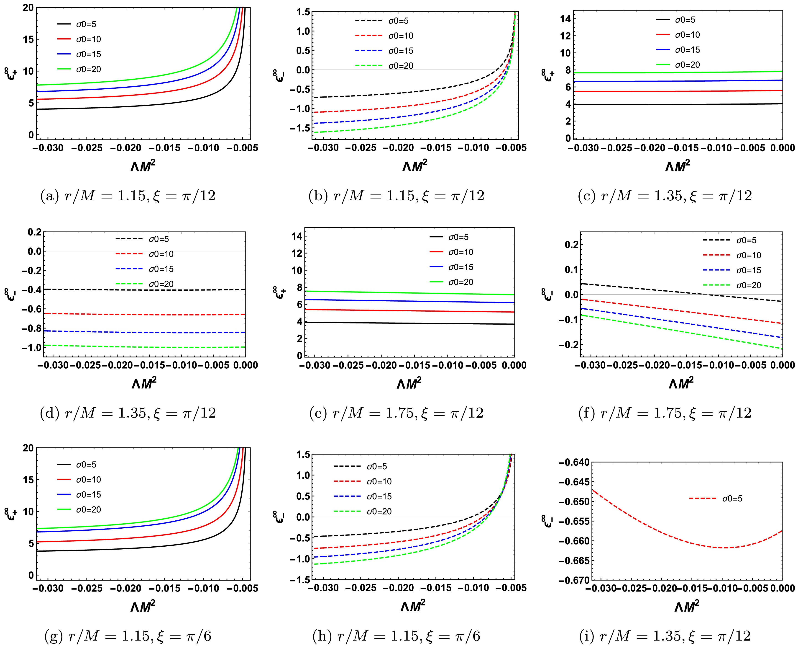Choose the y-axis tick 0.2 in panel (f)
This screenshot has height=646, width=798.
click(x=568, y=245)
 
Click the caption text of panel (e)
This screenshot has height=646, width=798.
click(x=396, y=413)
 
